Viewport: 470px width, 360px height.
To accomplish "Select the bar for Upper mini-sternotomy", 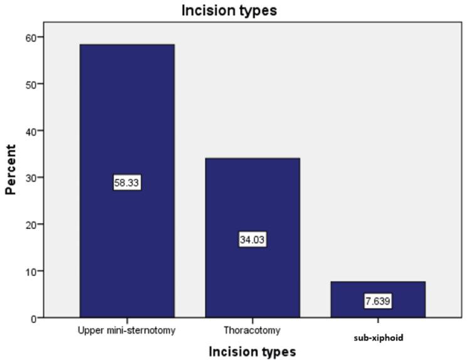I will click(x=127, y=125).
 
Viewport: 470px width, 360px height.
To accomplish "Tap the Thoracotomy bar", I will click(x=252, y=201).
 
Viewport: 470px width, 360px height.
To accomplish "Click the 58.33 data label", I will click(x=127, y=183).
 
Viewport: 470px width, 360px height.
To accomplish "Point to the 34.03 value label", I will click(x=252, y=240).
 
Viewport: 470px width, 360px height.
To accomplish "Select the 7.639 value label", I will click(x=377, y=302).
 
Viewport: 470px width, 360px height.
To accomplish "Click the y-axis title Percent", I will click(x=11, y=169).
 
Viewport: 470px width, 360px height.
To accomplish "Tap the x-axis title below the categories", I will click(x=252, y=351).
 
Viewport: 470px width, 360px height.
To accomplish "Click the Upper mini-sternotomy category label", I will click(x=127, y=329).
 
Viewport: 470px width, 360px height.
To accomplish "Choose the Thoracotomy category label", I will click(x=252, y=329).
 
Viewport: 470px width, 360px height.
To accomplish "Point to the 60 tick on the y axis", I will click(x=29, y=37).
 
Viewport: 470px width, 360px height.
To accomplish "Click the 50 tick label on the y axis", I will click(x=29, y=84).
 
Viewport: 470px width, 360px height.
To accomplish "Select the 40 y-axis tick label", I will click(x=29, y=130).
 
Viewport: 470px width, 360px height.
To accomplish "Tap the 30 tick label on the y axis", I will click(x=29, y=177).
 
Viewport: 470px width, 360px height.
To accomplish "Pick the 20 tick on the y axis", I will click(x=29, y=225).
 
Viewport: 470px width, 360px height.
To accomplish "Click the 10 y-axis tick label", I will click(x=29, y=271).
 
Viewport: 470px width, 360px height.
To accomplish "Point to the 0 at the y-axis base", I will click(x=32, y=318).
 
